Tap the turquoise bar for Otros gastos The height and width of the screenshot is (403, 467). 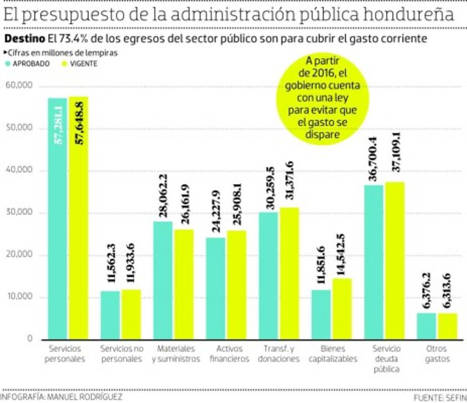426,326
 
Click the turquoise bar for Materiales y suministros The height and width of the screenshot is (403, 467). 163,280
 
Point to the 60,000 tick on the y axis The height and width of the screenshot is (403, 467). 19,86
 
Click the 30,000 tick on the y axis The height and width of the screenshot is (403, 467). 19,213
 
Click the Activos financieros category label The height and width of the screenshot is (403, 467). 229,354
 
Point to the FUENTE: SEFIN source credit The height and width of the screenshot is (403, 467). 440,398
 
